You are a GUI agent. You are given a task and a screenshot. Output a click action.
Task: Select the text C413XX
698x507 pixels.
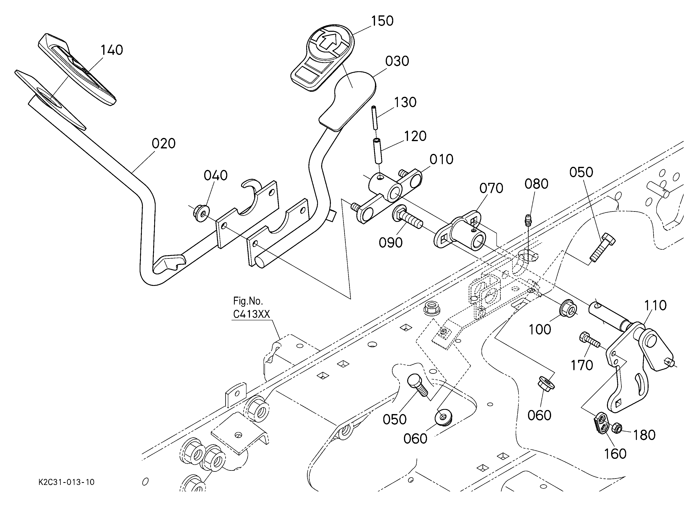[x=251, y=314]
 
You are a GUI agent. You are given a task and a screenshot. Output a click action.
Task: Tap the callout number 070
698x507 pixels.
[x=491, y=188]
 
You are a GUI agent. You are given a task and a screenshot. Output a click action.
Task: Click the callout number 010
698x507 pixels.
[x=441, y=160]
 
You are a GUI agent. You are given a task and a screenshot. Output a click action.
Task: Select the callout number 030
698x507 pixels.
[x=397, y=61]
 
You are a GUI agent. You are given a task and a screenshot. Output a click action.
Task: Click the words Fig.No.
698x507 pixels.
[x=248, y=300]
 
